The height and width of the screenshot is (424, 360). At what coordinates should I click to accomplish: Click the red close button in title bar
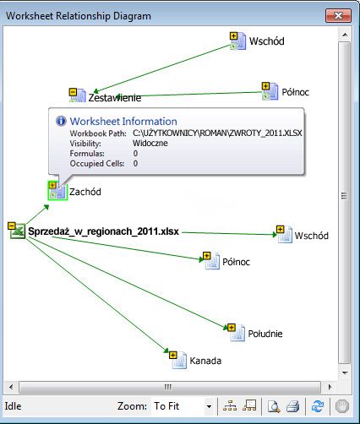click(x=338, y=15)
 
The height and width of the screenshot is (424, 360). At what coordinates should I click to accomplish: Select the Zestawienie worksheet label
click(x=115, y=98)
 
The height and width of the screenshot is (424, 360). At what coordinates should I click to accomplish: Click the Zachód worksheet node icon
click(x=57, y=191)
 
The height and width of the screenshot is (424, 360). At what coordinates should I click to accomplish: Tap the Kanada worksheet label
click(x=205, y=361)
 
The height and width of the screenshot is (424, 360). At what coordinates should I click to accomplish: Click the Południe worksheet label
click(x=265, y=334)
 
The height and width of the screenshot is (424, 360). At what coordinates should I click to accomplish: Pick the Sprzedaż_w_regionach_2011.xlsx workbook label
click(x=103, y=231)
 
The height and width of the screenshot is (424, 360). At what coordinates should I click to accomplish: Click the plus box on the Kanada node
click(x=173, y=355)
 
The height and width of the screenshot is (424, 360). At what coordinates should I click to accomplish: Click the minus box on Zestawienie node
click(x=73, y=92)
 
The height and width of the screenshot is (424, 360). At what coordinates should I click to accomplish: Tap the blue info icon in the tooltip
click(x=61, y=121)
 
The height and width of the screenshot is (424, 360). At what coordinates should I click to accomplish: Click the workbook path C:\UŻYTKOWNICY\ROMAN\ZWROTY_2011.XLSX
click(x=217, y=133)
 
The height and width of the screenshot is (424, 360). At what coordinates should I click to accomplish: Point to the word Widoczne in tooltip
click(x=150, y=143)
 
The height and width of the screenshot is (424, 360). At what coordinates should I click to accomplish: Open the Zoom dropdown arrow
click(x=209, y=406)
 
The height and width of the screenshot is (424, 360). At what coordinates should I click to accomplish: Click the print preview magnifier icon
click(x=274, y=406)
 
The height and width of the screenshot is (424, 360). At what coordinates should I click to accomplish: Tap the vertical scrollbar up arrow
click(x=345, y=35)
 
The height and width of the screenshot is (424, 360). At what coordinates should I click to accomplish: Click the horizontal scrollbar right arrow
click(x=330, y=387)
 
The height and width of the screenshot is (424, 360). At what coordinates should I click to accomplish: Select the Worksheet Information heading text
click(x=123, y=122)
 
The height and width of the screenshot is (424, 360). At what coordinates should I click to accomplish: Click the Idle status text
click(x=13, y=406)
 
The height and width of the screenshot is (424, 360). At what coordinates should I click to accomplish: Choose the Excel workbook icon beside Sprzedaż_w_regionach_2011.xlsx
click(x=17, y=231)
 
